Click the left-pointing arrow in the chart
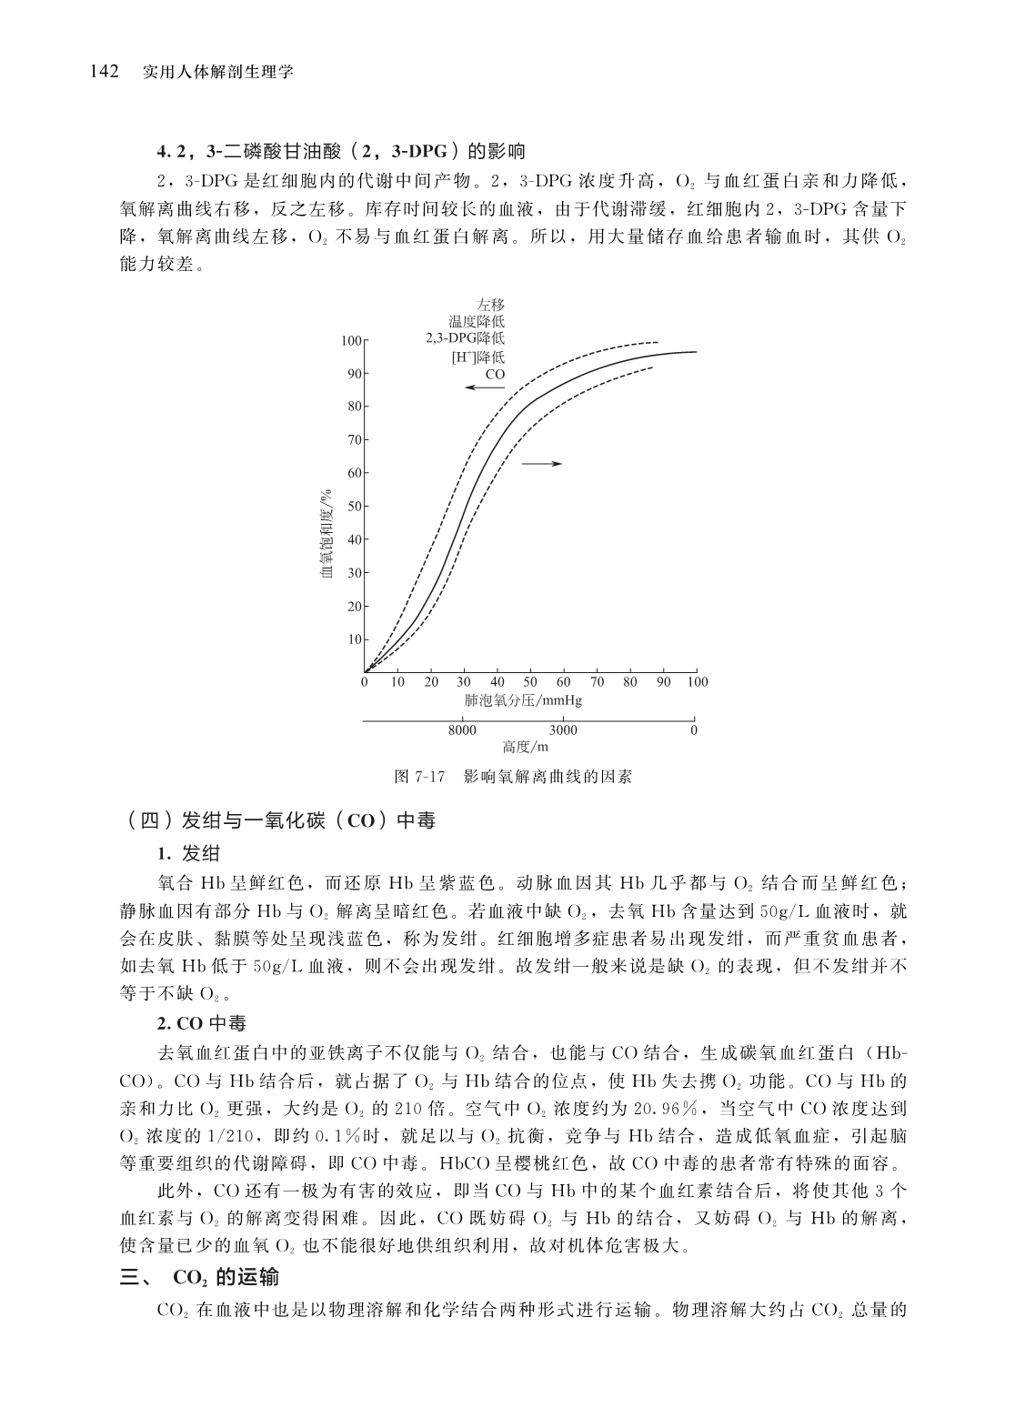pos(484,387)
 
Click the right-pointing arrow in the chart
pos(542,464)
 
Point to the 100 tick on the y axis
pos(352,340)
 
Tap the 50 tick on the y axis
pos(355,506)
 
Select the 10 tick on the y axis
pos(355,639)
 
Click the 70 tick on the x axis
pos(597,681)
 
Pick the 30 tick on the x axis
pos(464,681)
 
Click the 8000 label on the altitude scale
pos(462,729)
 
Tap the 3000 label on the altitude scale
pos(563,729)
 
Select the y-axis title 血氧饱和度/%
pos(326,533)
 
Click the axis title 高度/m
pos(525,747)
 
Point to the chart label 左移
pos(490,305)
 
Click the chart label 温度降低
pos(477,321)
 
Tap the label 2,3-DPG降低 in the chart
pos(465,338)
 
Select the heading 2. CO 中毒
pos(201,1024)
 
